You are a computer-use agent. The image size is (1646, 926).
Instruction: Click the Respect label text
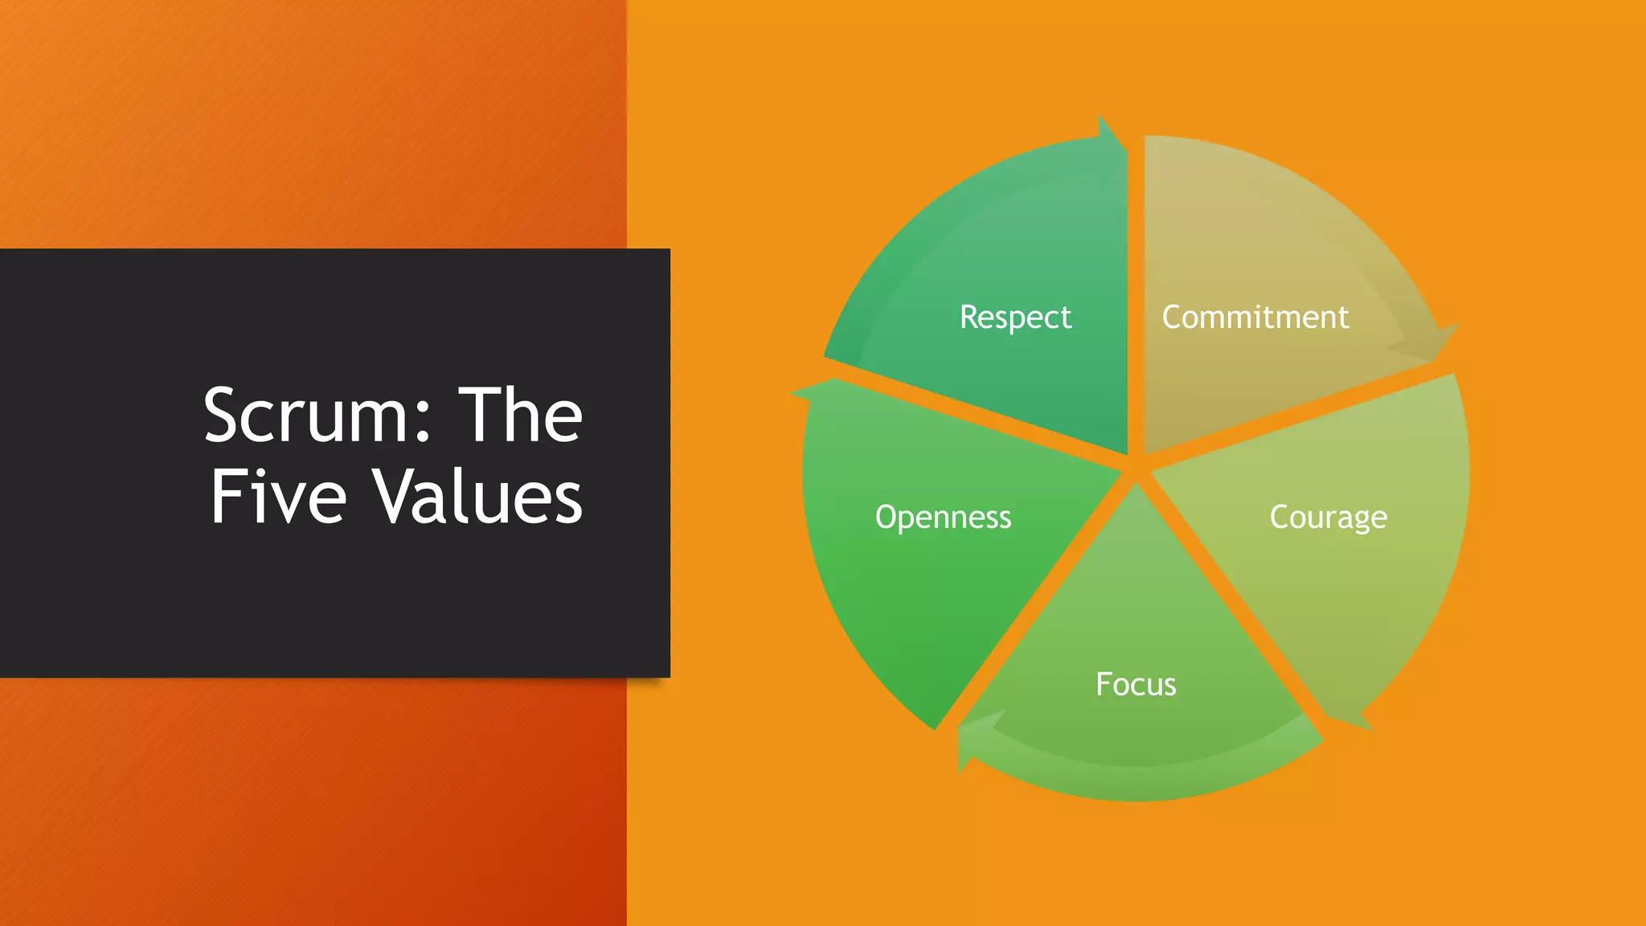tap(1015, 317)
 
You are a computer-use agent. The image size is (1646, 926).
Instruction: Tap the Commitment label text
tap(1255, 317)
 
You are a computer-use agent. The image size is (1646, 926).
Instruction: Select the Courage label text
tap(1328, 517)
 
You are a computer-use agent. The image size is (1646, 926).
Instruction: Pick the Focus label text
tap(1136, 684)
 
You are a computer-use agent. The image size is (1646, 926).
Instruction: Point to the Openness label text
tap(943, 517)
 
